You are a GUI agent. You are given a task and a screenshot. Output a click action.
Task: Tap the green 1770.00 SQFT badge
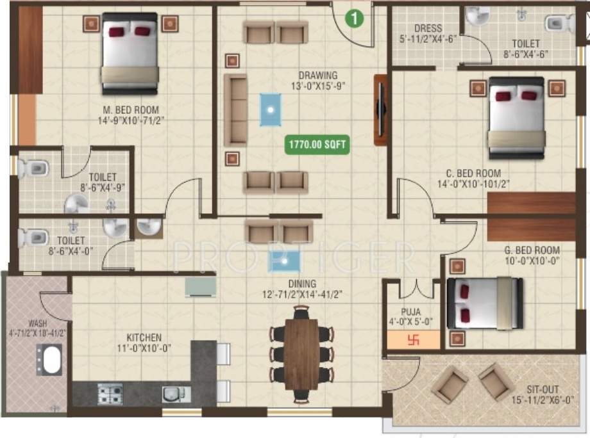[x=317, y=145]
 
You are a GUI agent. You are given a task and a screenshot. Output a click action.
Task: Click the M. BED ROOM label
[x=128, y=109]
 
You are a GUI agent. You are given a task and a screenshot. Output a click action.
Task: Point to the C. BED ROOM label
[x=474, y=173]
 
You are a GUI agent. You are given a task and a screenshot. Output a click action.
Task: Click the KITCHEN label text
[x=144, y=337]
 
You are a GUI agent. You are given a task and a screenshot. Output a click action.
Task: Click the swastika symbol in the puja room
[x=413, y=341]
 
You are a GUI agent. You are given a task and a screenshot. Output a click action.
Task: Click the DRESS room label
[x=427, y=28]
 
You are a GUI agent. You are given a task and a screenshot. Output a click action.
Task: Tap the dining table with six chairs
[x=301, y=353]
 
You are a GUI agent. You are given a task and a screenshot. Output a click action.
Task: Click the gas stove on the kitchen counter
[x=110, y=393]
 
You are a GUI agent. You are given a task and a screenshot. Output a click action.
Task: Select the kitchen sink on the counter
[x=172, y=393]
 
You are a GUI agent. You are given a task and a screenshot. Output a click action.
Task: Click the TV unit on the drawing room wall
[x=380, y=110]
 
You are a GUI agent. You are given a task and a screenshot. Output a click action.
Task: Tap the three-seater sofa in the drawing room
[x=235, y=109]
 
